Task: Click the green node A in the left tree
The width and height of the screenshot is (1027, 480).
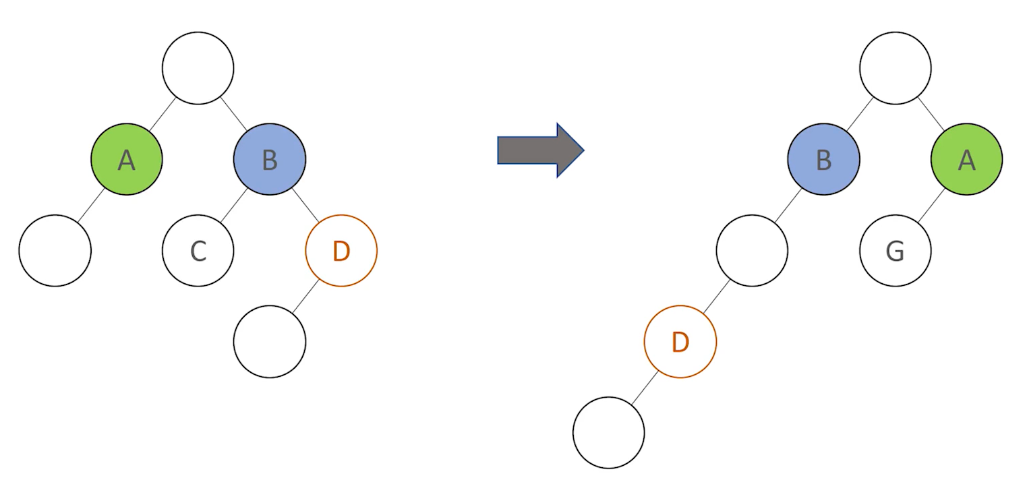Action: [127, 159]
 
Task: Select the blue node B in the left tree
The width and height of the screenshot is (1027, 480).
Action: [270, 159]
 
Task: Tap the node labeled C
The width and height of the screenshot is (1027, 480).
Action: [198, 251]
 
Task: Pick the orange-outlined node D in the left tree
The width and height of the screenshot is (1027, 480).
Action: [341, 251]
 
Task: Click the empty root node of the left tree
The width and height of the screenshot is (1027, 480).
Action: [198, 68]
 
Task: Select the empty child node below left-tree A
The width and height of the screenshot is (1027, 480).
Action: [55, 251]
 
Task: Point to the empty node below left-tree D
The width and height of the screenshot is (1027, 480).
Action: [270, 342]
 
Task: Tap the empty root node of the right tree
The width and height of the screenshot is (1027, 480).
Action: [896, 68]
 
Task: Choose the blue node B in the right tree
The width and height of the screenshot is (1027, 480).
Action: [824, 159]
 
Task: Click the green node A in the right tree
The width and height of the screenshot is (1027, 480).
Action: [966, 159]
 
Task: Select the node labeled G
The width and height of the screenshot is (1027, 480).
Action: [896, 251]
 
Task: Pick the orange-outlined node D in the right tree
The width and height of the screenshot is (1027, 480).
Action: [680, 342]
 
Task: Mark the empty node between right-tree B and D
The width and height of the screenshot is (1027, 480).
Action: [752, 251]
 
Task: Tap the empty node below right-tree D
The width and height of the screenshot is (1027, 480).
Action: [609, 432]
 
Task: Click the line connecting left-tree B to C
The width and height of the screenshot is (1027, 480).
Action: [234, 205]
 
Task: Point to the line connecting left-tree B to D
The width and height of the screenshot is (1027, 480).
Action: [305, 205]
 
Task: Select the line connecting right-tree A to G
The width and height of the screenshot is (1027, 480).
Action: [931, 205]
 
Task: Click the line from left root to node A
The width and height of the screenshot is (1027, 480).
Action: [163, 114]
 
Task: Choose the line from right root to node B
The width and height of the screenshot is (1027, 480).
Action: [860, 114]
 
